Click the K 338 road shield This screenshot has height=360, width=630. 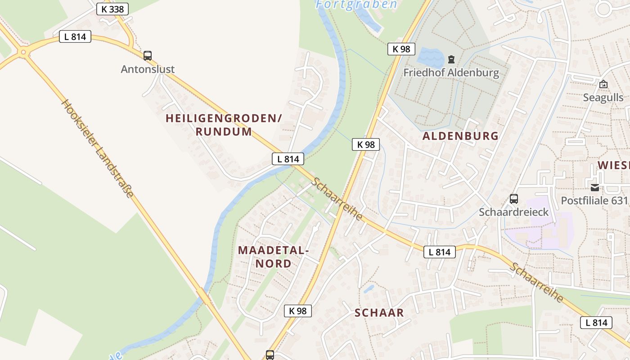tap(112, 9)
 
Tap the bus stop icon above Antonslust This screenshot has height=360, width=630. tap(148, 56)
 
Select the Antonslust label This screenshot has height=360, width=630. tap(148, 69)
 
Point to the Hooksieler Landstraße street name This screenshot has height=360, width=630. tap(98, 148)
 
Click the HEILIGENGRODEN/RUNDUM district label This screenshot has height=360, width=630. tap(224, 125)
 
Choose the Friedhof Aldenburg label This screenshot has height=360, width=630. tap(451, 72)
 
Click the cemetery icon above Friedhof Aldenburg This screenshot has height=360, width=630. tap(451, 59)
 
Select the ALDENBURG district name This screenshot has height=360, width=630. tap(460, 136)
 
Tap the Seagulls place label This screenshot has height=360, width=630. tap(603, 98)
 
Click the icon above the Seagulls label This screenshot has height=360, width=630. tap(603, 84)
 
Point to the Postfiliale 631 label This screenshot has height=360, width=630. tap(594, 200)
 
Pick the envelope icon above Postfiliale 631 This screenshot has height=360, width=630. tap(595, 187)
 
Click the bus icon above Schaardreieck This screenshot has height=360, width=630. tap(513, 198)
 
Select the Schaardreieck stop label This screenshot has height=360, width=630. tap(513, 212)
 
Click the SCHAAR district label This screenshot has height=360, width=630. tap(379, 313)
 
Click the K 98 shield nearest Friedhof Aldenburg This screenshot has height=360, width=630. tap(401, 49)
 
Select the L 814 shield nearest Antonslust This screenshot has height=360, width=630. tap(75, 36)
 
